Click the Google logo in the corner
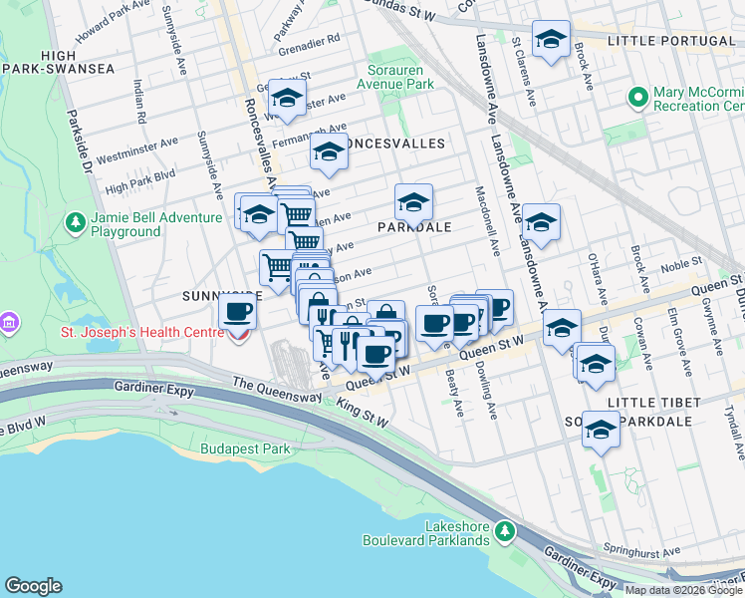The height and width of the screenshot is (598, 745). [x=33, y=586]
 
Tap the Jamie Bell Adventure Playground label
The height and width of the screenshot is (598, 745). [x=142, y=224]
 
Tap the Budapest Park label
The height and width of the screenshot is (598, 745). [x=245, y=448]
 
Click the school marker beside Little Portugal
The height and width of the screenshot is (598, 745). [x=551, y=40]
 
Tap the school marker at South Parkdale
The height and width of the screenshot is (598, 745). [x=601, y=430]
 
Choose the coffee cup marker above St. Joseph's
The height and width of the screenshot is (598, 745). [x=237, y=311]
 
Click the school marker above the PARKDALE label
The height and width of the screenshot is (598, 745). [x=413, y=202]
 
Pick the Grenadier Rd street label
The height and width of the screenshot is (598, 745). [x=309, y=38]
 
